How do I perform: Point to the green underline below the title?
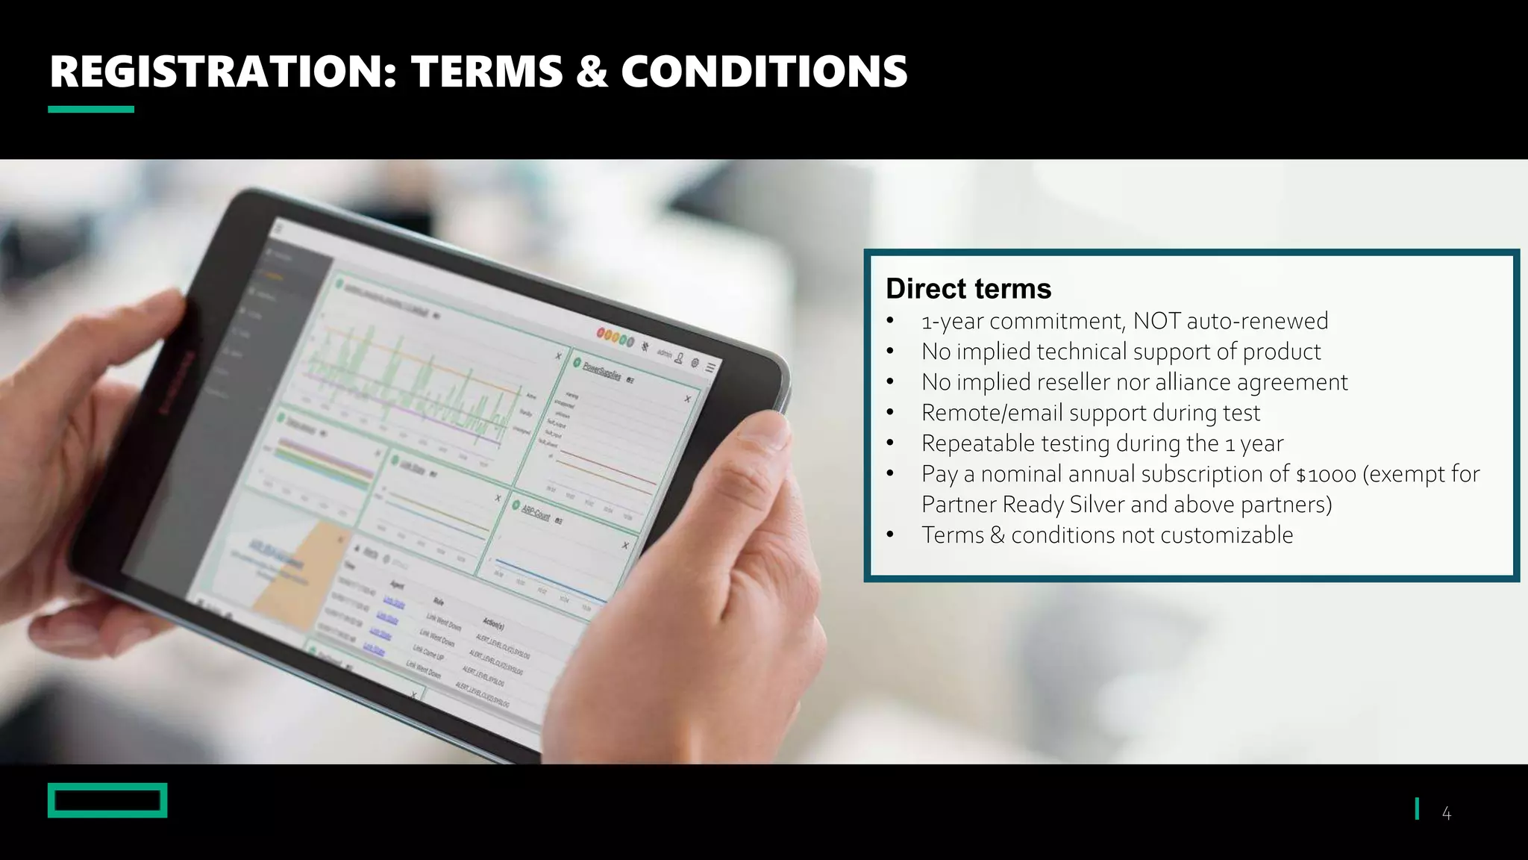click(91, 110)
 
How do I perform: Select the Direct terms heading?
click(968, 289)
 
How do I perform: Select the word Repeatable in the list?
click(977, 443)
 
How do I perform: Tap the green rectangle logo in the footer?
click(107, 800)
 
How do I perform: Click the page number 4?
click(1446, 814)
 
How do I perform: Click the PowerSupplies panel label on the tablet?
click(601, 370)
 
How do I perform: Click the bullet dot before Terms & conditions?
click(889, 535)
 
